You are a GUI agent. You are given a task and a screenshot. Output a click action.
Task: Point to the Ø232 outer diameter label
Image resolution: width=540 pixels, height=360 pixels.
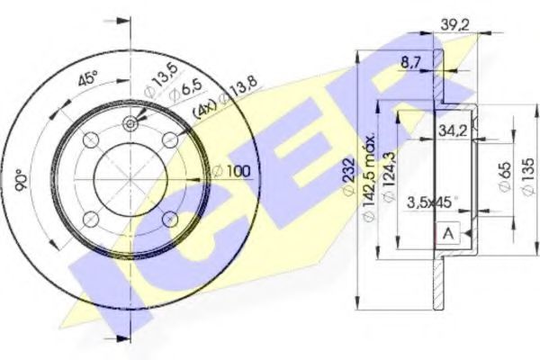click(350, 179)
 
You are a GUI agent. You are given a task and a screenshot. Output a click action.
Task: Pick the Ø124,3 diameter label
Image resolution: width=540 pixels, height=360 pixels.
click(386, 180)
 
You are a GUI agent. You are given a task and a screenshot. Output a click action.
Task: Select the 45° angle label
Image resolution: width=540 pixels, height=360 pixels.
click(87, 77)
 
